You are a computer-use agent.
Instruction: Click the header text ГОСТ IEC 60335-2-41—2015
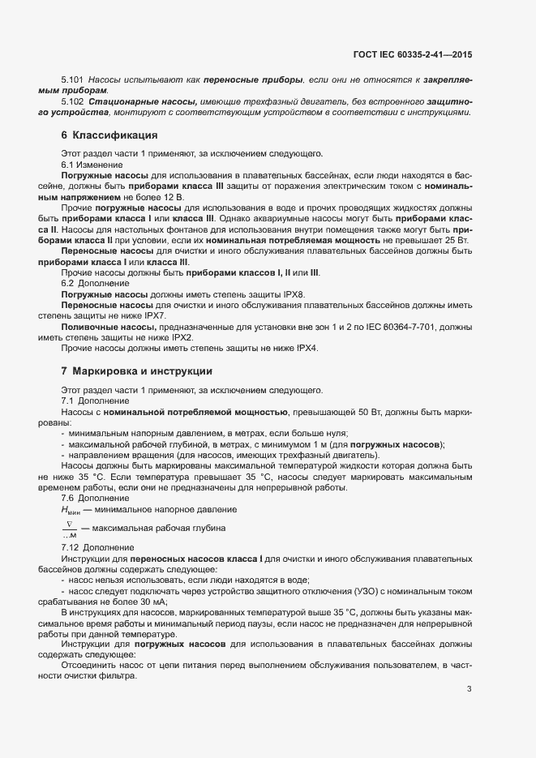pyautogui.click(x=412, y=54)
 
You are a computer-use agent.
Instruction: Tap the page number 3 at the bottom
pyautogui.click(x=470, y=689)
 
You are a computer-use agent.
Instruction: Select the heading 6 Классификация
pyautogui.click(x=109, y=135)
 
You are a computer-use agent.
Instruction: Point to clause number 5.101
pyautogui.click(x=73, y=79)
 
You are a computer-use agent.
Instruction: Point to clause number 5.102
pyautogui.click(x=73, y=101)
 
